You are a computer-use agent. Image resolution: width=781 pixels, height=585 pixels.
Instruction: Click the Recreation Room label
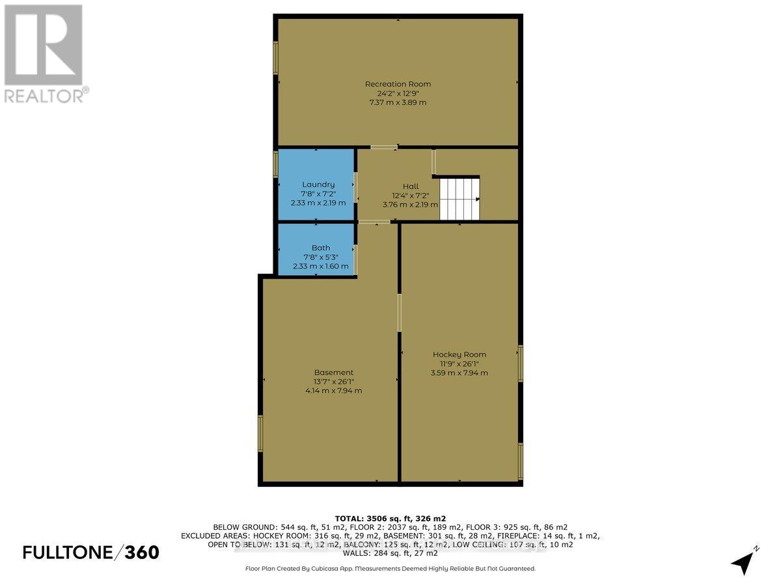(x=398, y=84)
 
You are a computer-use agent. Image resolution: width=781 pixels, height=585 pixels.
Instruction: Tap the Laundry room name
(x=318, y=185)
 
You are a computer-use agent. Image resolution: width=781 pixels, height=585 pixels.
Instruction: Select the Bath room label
(x=321, y=248)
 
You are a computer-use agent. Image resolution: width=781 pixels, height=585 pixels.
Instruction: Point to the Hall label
(x=410, y=187)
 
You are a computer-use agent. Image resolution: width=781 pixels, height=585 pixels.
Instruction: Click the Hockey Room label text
(x=459, y=354)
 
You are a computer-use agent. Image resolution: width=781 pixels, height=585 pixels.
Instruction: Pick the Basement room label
(x=333, y=372)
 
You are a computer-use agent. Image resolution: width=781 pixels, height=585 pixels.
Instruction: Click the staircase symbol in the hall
(x=459, y=199)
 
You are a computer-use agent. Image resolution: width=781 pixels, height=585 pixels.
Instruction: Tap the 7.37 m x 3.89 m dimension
(x=398, y=103)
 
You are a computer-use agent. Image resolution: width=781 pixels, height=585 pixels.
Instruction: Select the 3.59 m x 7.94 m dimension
(x=459, y=373)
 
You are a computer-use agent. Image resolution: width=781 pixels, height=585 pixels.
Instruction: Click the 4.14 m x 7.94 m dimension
(x=333, y=391)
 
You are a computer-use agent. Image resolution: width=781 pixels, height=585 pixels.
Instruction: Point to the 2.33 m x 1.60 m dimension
(x=320, y=266)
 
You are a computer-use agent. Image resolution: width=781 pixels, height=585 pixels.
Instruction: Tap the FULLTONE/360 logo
(x=91, y=552)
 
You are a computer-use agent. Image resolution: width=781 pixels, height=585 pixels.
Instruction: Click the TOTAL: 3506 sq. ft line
(x=390, y=518)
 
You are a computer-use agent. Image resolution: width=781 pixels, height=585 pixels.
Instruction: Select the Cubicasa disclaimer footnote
(x=390, y=568)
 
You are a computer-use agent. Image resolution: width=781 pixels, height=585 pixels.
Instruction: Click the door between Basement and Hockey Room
(x=399, y=313)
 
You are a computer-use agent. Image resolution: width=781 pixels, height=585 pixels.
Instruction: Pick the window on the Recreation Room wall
(x=275, y=57)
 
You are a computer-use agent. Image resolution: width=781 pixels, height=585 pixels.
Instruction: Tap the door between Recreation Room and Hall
(x=383, y=147)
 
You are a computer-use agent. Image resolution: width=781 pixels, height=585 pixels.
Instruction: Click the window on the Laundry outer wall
(x=275, y=164)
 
